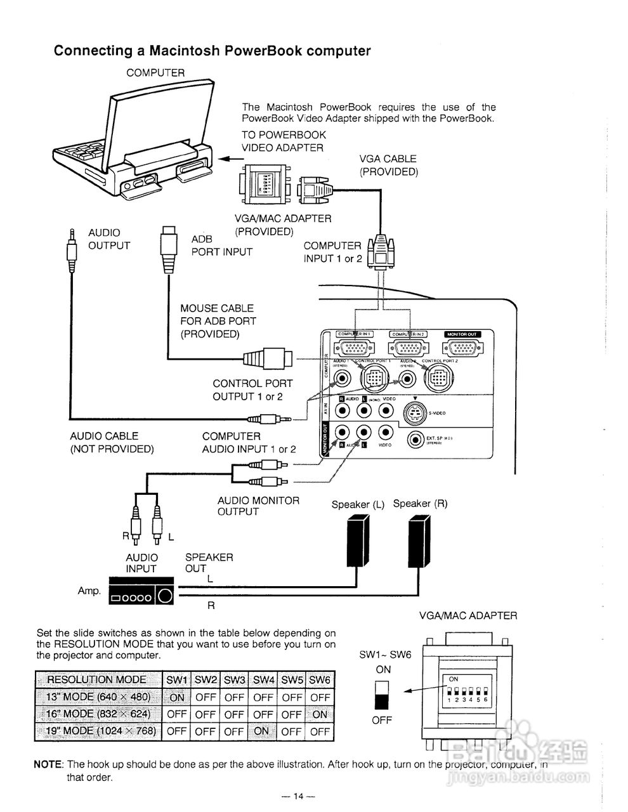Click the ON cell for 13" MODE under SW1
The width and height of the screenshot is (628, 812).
[177, 697]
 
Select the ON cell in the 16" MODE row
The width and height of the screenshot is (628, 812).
[320, 714]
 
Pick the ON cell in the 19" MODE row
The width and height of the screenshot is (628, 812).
[261, 731]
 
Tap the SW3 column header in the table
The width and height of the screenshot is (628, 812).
[234, 680]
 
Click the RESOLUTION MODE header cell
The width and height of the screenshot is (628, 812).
[97, 680]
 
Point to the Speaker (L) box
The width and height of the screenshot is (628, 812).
[358, 540]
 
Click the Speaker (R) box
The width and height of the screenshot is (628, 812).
[419, 540]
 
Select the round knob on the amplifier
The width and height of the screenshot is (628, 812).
[164, 596]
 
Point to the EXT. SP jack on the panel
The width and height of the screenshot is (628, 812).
[416, 440]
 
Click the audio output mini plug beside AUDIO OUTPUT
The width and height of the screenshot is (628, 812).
[72, 247]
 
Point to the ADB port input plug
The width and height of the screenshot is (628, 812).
[168, 247]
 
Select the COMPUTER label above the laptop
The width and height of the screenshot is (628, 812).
[155, 73]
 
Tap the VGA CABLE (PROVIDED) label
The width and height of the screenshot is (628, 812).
[388, 165]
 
